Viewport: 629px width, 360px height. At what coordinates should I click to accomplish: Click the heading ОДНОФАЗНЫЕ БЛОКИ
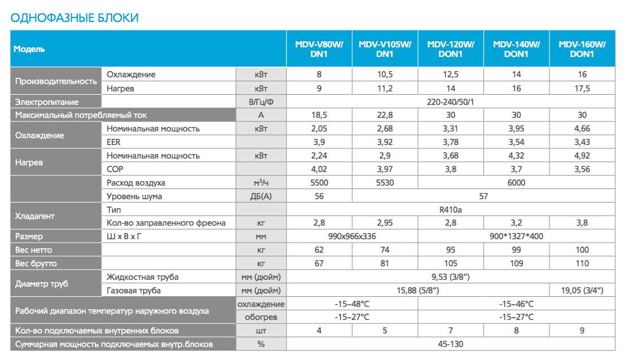(x=75, y=18)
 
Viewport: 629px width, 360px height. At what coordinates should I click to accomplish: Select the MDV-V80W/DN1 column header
(x=320, y=49)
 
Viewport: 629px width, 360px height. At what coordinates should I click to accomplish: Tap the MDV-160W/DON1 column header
(x=582, y=49)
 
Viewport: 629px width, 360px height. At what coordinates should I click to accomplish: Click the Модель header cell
(x=29, y=49)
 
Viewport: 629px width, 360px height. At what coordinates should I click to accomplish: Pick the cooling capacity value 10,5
(x=385, y=74)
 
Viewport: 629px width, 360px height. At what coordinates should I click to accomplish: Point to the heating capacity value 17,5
(x=582, y=88)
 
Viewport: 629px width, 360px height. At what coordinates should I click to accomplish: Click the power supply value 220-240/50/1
(x=451, y=102)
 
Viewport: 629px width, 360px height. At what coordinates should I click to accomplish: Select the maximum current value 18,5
(x=320, y=115)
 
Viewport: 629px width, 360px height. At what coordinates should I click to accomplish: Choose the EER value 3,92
(x=385, y=142)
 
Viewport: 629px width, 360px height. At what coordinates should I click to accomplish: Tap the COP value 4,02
(x=320, y=169)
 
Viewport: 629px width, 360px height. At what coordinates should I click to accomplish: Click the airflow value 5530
(x=385, y=183)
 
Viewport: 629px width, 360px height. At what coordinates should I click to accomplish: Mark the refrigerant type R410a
(x=451, y=210)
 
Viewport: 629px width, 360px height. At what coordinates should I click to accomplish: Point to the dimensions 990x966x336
(x=352, y=236)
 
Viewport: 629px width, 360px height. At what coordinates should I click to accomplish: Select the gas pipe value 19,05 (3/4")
(x=582, y=290)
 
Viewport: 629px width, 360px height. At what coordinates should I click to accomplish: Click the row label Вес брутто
(x=36, y=264)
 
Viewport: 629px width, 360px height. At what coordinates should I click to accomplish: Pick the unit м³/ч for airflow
(x=261, y=183)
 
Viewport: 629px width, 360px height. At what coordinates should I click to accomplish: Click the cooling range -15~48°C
(x=352, y=304)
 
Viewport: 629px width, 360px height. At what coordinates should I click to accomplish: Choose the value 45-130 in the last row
(x=451, y=344)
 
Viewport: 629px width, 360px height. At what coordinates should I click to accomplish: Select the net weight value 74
(x=385, y=250)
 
